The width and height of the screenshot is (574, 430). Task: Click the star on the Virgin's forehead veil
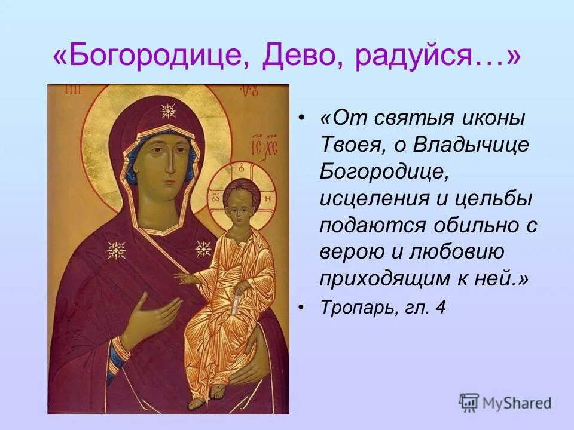pos(168,111)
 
